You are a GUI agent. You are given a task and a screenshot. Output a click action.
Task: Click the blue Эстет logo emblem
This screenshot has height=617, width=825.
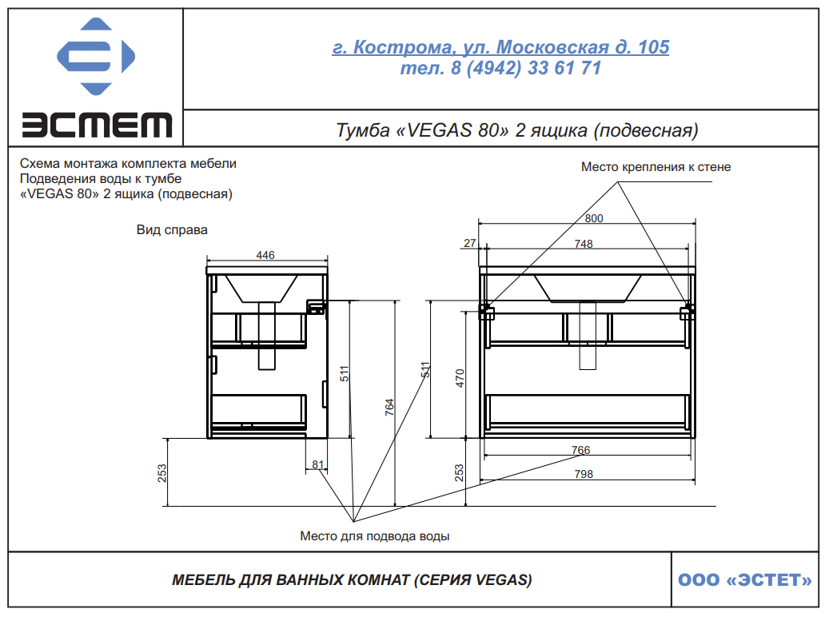96,56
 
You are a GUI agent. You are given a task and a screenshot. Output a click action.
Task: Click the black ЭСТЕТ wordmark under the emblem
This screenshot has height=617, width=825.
97,125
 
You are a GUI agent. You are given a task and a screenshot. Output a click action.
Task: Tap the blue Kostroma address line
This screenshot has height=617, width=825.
500,47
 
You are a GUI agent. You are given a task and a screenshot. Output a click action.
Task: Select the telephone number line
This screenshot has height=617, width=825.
500,69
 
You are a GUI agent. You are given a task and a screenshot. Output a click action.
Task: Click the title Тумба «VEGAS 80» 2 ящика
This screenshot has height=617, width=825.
516,130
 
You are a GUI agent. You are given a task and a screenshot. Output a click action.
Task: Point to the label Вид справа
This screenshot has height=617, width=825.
172,230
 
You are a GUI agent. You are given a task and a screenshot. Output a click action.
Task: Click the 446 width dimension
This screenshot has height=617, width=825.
265,255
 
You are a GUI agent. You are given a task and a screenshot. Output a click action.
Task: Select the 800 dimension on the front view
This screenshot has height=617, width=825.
594,218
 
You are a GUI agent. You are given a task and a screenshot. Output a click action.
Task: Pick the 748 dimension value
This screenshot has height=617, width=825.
584,244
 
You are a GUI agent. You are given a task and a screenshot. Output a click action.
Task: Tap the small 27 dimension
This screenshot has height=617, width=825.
470,243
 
